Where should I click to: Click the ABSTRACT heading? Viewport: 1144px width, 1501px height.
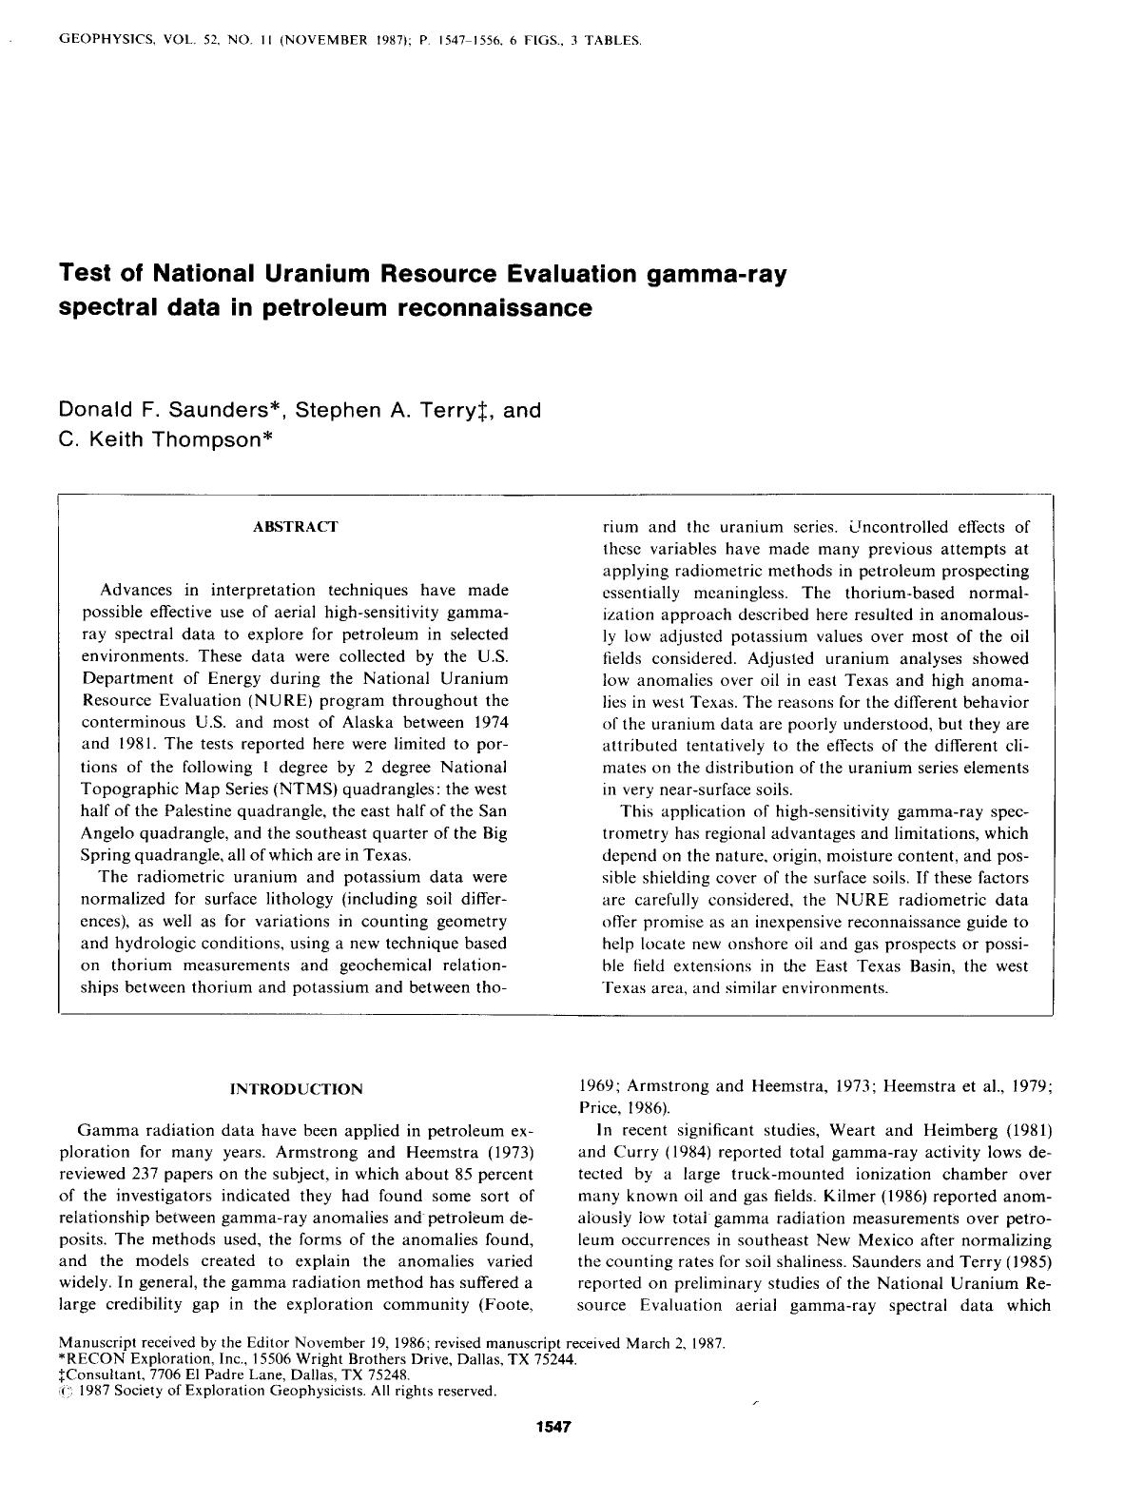[295, 527]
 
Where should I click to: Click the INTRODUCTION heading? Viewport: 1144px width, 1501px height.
[296, 1089]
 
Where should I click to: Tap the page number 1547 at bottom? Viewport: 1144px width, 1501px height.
[553, 1427]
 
